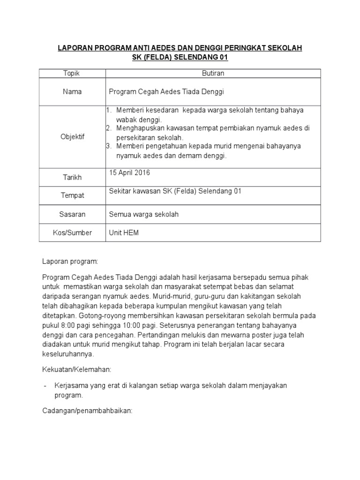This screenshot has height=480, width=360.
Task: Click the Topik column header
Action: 72,74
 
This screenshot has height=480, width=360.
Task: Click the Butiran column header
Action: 213,74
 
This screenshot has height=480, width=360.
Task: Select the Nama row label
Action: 72,91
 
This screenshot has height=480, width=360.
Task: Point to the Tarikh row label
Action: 72,178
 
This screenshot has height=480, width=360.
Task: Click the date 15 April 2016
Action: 129,173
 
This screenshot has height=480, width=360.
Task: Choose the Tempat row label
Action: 72,195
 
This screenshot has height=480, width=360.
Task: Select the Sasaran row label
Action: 73,214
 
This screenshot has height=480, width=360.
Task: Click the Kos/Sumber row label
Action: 73,232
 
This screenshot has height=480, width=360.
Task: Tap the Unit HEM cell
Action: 124,232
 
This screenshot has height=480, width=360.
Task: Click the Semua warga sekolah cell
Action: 143,214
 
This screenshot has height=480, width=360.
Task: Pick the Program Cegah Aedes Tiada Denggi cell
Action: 166,91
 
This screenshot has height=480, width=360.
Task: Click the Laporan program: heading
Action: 70,261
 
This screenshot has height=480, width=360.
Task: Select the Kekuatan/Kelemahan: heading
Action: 76,369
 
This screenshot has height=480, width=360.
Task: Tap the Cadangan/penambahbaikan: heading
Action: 88,411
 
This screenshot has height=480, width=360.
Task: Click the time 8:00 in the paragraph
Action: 67,325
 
